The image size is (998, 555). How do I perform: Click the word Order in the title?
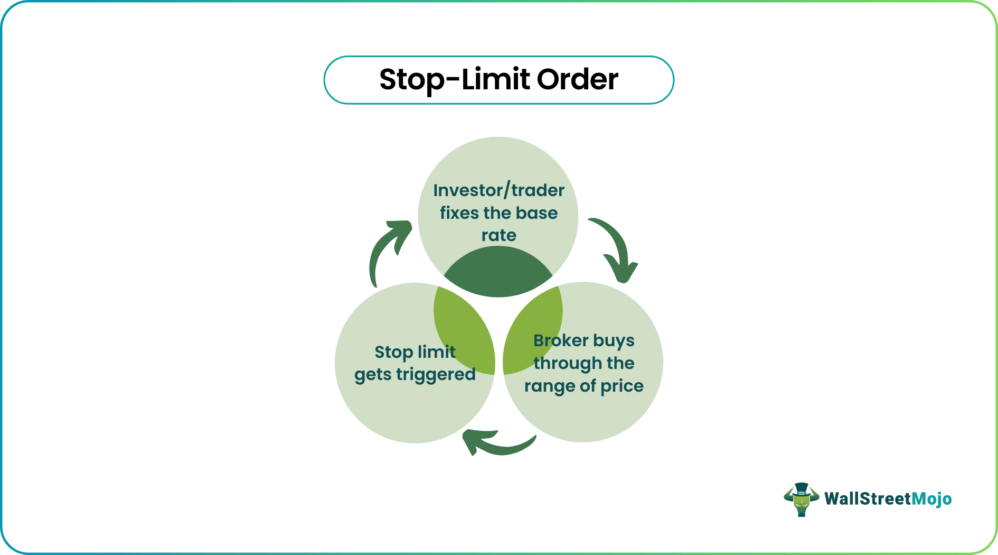(577, 80)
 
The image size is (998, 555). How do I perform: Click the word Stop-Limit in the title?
(455, 80)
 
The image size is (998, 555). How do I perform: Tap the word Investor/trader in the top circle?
(498, 190)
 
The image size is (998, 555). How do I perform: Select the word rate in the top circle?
(498, 235)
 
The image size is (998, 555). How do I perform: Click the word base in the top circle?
(536, 213)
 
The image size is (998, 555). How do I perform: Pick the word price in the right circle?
(622, 386)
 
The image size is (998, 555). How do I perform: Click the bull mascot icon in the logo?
(801, 499)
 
